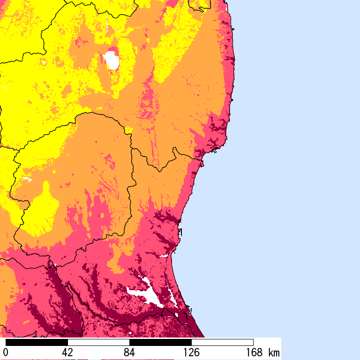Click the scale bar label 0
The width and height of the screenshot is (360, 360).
(x=6, y=352)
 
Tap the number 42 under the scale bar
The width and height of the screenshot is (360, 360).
(x=67, y=352)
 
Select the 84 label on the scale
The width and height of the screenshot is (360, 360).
(x=129, y=352)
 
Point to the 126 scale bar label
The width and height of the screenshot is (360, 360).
(x=191, y=352)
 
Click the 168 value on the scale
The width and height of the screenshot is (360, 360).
(x=253, y=352)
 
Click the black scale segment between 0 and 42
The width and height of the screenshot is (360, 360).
(x=37, y=342)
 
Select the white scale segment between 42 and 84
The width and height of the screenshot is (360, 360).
(x=98, y=342)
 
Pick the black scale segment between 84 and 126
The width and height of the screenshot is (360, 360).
(x=160, y=342)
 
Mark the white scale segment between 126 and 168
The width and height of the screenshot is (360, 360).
(x=222, y=342)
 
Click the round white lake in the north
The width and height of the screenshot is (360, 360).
(x=112, y=60)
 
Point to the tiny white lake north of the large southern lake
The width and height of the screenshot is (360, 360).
(x=164, y=256)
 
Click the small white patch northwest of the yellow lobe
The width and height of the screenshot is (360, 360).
(x=27, y=179)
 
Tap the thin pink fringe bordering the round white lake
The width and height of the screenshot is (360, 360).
(x=112, y=49)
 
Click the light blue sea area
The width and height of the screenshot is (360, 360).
(x=291, y=164)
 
